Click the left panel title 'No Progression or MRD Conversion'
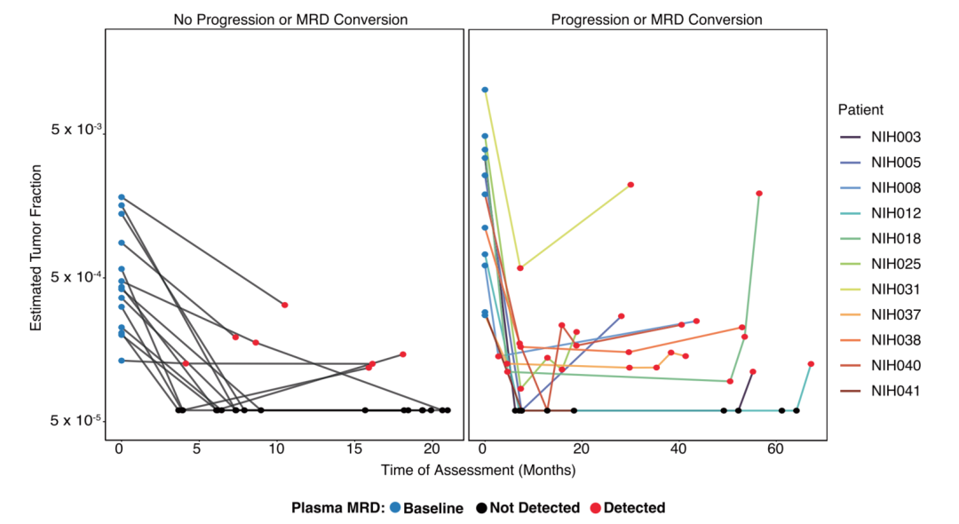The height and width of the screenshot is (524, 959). click(x=285, y=20)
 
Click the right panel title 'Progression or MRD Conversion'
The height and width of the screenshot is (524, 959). click(x=656, y=20)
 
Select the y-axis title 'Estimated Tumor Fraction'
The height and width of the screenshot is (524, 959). click(x=36, y=240)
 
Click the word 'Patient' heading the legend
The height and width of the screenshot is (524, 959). click(x=860, y=110)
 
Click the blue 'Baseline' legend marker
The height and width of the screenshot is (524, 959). click(x=394, y=508)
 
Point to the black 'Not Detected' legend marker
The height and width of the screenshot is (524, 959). click(x=482, y=508)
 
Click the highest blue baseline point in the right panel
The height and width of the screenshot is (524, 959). click(x=485, y=90)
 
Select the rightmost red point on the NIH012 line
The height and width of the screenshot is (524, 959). click(x=811, y=364)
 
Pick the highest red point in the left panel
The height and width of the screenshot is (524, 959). click(x=285, y=305)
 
